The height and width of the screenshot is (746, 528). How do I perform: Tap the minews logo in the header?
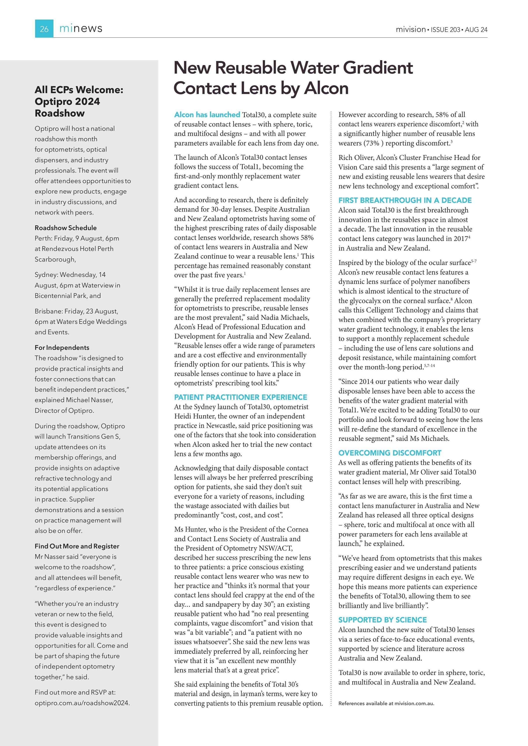(x=81, y=29)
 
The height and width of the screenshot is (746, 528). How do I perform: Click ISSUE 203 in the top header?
(x=445, y=29)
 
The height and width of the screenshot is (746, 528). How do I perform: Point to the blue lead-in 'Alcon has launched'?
(x=207, y=115)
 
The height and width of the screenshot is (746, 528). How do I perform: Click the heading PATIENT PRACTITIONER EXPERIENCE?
(x=241, y=397)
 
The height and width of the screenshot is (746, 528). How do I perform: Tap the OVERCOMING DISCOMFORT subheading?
(x=390, y=453)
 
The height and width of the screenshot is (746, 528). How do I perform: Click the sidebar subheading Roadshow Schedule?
(x=66, y=228)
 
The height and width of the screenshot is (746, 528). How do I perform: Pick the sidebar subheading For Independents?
(x=62, y=347)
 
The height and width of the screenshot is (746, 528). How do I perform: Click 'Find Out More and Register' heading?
(x=77, y=546)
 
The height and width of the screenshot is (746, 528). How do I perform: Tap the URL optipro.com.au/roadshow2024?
(x=82, y=703)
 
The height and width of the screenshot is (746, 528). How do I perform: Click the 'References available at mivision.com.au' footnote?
(x=386, y=703)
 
